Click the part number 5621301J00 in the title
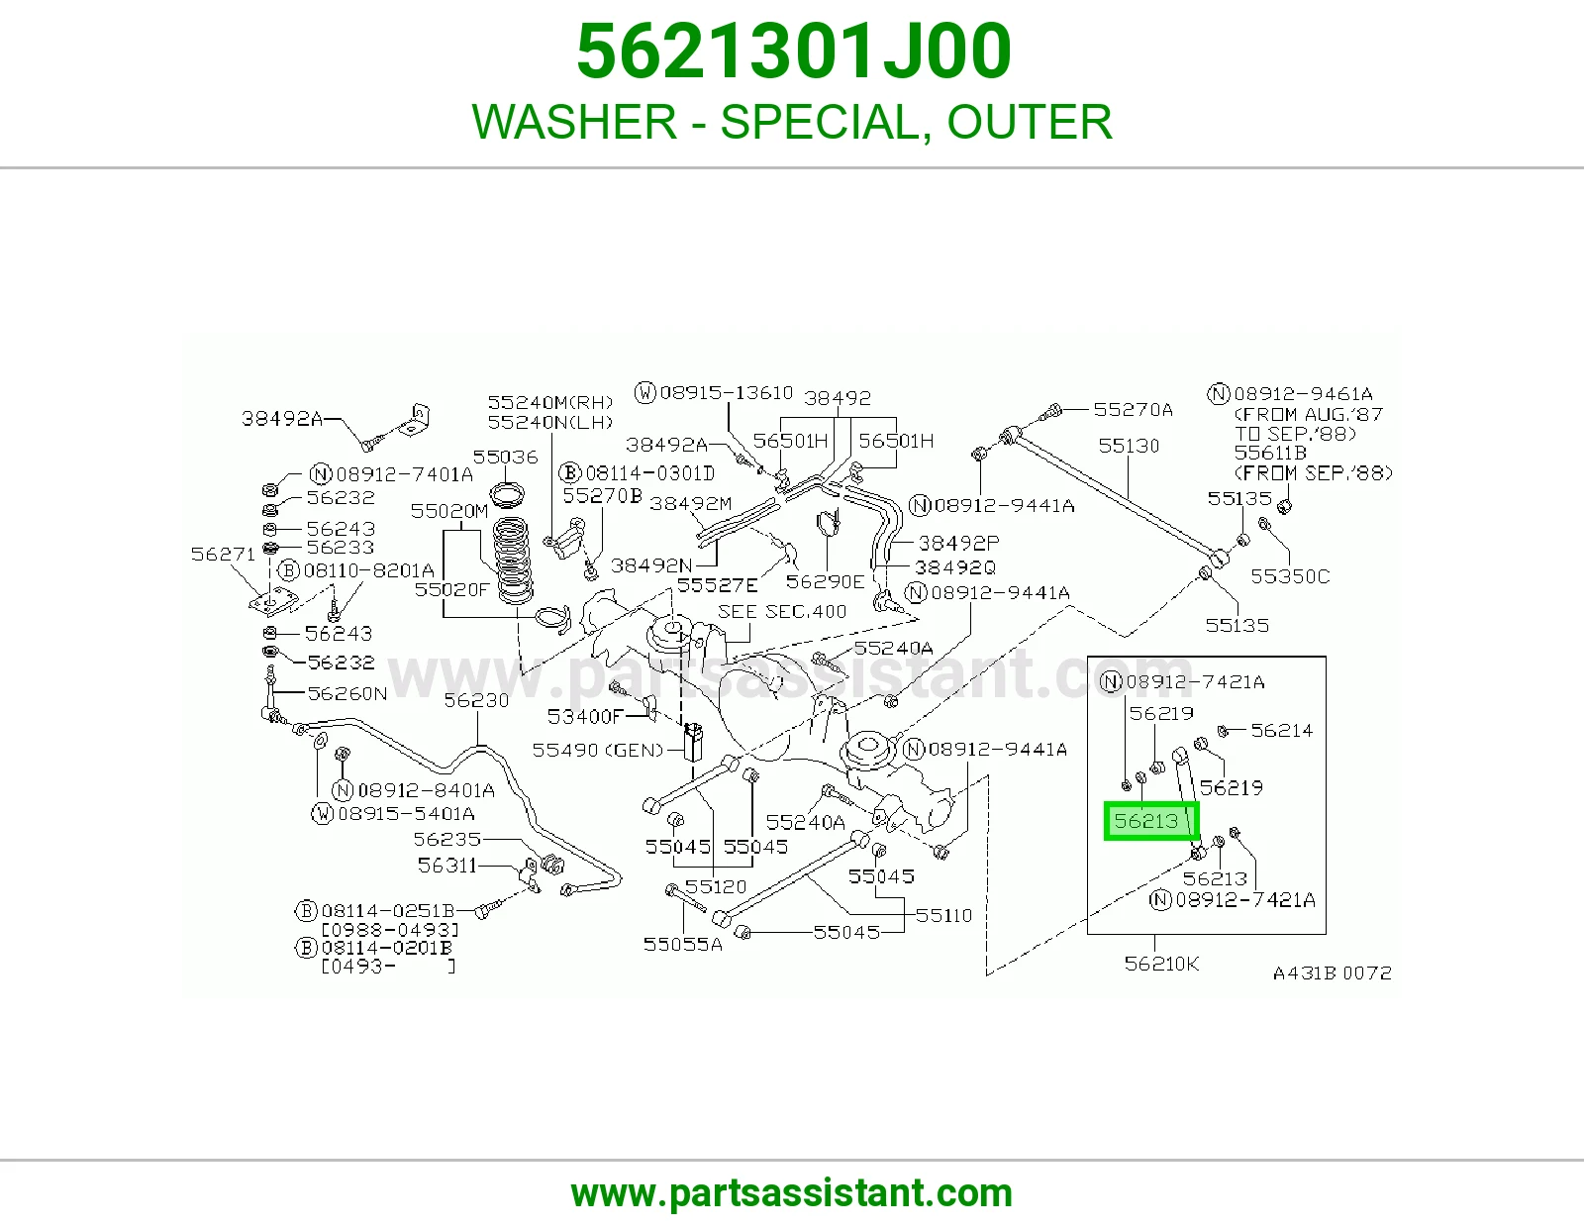[x=793, y=51]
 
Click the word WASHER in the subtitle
[x=574, y=122]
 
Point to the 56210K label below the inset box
[x=1161, y=964]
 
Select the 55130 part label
[x=1129, y=446]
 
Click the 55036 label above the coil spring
[x=505, y=458]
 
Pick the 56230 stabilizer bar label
[x=476, y=700]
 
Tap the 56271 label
[x=223, y=555]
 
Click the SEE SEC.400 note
[x=782, y=611]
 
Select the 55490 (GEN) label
[x=598, y=751]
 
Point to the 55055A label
[x=682, y=945]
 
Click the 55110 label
[x=943, y=915]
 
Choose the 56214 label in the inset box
[x=1281, y=731]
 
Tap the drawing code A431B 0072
[x=1333, y=973]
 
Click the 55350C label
[x=1290, y=576]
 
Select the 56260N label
[x=346, y=693]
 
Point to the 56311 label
[x=446, y=866]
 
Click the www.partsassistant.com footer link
[x=792, y=1193]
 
